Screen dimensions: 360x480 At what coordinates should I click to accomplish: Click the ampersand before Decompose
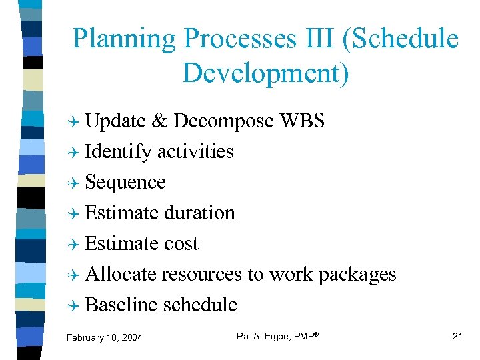coord(159,121)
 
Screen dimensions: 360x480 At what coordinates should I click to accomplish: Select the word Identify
coord(119,151)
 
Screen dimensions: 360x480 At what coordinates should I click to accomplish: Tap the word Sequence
coord(125,182)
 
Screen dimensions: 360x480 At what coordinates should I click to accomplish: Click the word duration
coord(199,213)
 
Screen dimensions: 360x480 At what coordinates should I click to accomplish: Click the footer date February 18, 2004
coord(105,338)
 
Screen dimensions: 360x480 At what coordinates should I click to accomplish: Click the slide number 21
coord(457,336)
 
